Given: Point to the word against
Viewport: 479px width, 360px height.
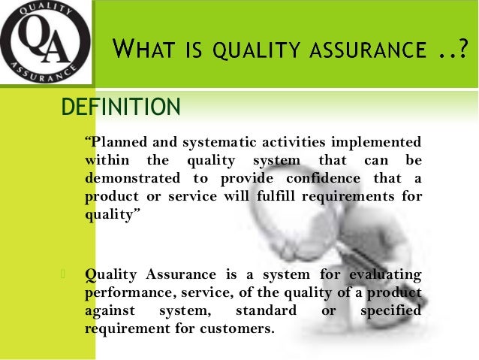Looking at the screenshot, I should point(112,310).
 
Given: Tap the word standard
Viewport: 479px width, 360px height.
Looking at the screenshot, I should point(265,310).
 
